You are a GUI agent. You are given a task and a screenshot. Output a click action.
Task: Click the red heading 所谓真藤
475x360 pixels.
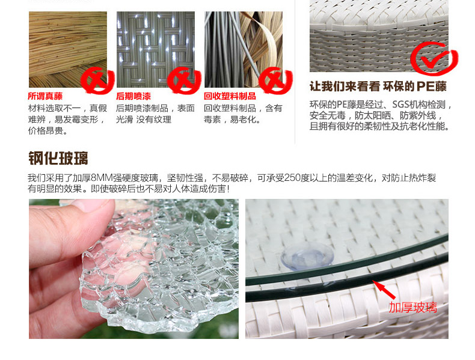45,96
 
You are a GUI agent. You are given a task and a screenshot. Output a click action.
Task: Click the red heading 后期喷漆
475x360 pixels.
133,96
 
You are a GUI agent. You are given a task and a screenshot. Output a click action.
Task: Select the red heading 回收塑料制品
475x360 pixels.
230,96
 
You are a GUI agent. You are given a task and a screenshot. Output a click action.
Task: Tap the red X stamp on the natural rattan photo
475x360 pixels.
97,81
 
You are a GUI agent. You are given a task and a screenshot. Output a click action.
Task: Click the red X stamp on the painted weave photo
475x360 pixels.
185,81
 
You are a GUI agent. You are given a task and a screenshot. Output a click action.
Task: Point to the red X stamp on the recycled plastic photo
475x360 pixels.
275,81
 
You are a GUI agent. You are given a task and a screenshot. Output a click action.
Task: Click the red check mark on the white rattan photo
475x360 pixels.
434,59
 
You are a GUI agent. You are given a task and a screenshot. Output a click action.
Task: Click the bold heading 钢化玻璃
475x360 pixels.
58,158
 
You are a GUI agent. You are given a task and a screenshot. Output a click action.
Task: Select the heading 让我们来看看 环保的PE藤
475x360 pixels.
378,87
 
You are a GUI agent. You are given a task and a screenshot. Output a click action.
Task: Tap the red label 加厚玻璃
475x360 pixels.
413,308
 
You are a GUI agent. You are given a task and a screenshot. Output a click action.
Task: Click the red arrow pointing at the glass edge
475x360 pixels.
384,290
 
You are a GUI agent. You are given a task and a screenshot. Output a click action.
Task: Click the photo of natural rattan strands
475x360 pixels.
68,50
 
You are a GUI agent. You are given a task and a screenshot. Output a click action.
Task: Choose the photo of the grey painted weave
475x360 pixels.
156,50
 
